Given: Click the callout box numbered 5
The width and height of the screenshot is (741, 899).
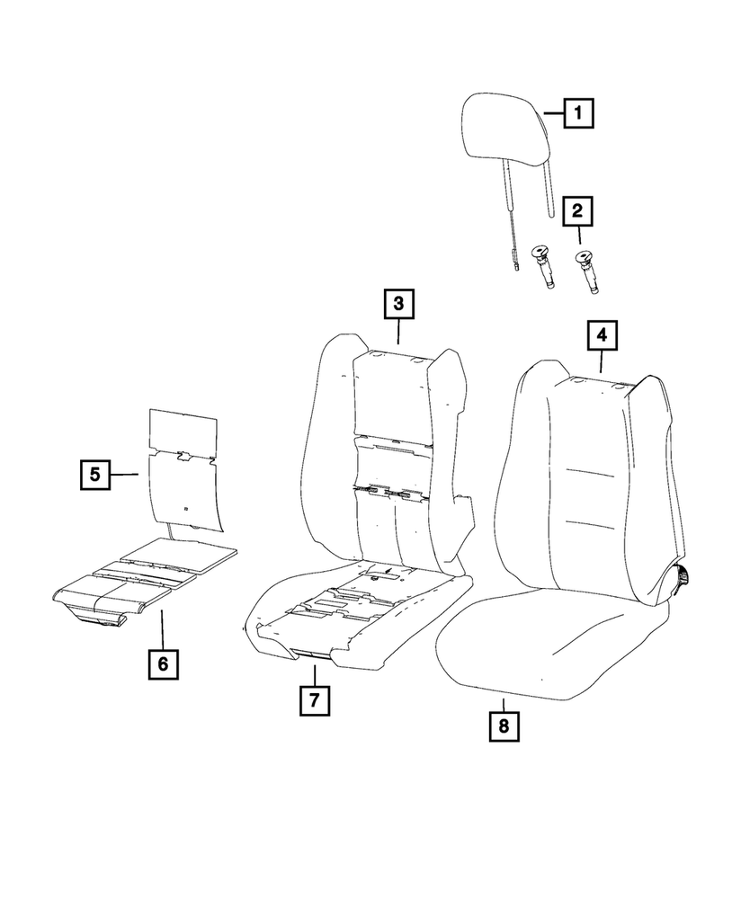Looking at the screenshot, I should [x=94, y=473].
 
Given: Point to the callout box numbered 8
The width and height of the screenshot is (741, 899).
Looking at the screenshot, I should [x=504, y=725].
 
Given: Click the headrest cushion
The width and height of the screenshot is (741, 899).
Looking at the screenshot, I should [x=504, y=135].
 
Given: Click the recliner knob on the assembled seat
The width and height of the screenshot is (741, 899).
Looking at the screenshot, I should [x=684, y=575].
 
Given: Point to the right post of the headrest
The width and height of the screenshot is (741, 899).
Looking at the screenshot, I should [x=549, y=189].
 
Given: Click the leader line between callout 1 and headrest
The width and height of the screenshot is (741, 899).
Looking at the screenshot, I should [x=554, y=114].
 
